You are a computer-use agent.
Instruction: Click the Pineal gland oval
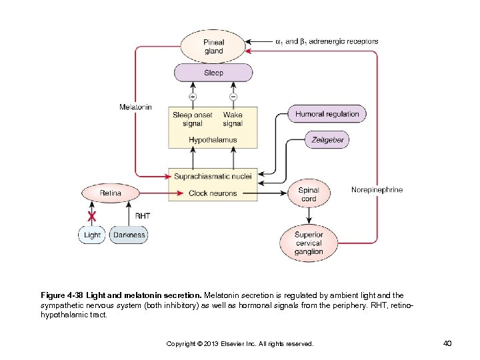[213, 47]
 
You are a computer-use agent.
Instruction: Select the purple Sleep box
[213, 73]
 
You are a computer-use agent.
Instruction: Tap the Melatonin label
[135, 107]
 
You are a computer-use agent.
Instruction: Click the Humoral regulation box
[327, 114]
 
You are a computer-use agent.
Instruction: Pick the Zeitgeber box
[327, 140]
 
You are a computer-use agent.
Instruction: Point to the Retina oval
[111, 193]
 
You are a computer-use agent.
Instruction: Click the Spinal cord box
[308, 194]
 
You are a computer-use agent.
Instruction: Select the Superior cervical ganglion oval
[308, 243]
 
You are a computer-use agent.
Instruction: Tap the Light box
[92, 235]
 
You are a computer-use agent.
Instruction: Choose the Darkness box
[129, 235]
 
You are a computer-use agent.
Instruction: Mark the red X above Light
[92, 217]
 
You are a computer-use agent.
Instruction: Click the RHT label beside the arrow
[143, 216]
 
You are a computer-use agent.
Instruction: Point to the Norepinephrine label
[377, 190]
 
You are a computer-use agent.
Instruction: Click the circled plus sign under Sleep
[193, 97]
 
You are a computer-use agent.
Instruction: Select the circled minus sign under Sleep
[233, 97]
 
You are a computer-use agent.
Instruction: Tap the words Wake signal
[233, 119]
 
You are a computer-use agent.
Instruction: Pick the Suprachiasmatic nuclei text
[212, 177]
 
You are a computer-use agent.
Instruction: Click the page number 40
[447, 343]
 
